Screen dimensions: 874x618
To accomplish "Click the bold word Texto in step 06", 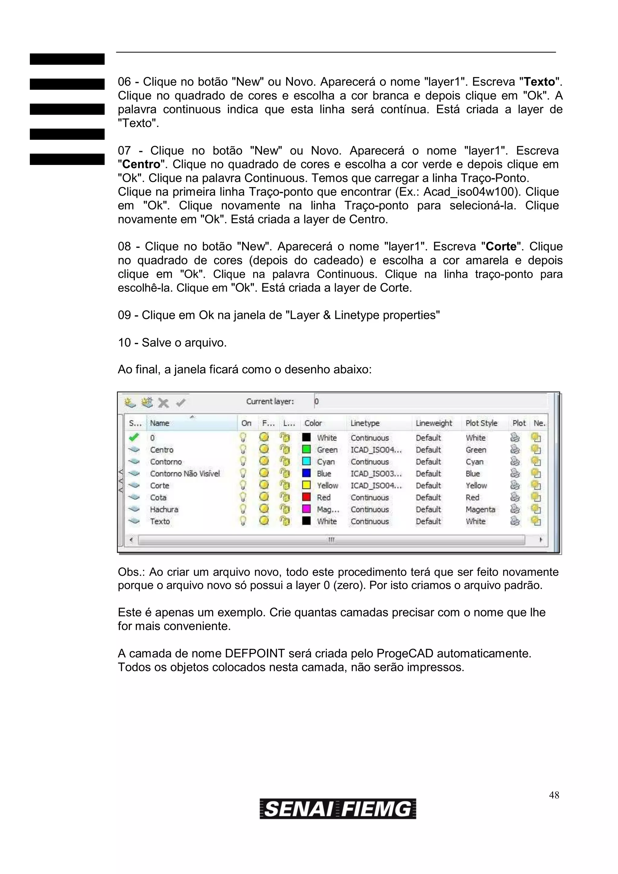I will click(539, 82).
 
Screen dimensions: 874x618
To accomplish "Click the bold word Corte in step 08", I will click(501, 247).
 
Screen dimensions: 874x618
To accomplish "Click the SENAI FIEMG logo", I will click(338, 809).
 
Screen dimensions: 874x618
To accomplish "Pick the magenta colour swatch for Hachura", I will click(306, 509).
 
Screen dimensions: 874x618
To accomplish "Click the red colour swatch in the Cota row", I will click(306, 497).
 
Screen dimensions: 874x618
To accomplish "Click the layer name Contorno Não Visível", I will click(185, 473).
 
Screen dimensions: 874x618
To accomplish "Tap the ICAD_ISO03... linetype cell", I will click(376, 473).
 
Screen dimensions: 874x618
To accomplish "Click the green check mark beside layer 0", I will click(134, 437).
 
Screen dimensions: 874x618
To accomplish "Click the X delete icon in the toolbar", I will click(163, 403).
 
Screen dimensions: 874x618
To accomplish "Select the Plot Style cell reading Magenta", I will click(480, 509).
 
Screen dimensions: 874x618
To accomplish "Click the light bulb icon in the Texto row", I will click(243, 521).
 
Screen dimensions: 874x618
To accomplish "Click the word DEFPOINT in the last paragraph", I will click(255, 654).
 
